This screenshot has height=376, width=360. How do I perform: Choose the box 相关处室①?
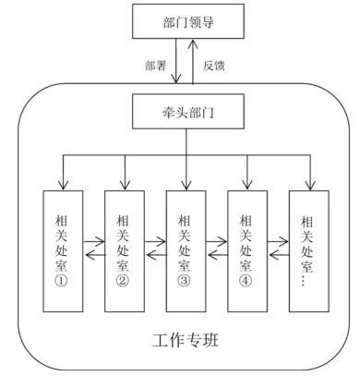(63, 249)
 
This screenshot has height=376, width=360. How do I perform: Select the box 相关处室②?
(124, 249)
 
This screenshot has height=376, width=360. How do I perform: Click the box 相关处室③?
(186, 249)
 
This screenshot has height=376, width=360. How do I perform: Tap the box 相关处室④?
(246, 249)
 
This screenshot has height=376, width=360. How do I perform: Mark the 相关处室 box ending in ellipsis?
(307, 249)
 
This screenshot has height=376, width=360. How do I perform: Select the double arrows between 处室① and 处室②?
(93, 250)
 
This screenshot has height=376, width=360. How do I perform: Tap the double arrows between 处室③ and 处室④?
(216, 250)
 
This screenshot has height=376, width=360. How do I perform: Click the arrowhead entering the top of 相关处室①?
(63, 185)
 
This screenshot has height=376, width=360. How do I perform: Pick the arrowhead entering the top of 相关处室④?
(246, 185)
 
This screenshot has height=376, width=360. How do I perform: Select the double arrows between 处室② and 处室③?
(155, 250)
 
